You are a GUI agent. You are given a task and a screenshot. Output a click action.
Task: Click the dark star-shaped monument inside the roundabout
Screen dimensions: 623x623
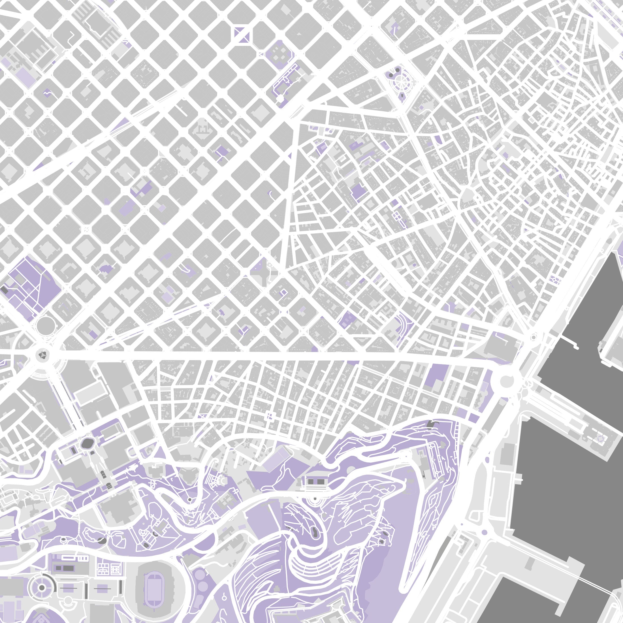(x=42, y=355)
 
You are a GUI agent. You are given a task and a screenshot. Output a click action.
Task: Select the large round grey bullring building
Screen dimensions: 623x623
(x=46, y=326)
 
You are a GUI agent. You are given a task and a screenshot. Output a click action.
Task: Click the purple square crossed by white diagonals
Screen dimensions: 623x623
(x=242, y=35)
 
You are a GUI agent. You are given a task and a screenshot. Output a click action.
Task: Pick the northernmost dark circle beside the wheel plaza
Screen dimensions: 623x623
(x=398, y=70)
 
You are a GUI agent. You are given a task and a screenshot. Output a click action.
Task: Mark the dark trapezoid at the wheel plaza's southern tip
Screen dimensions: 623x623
(x=403, y=96)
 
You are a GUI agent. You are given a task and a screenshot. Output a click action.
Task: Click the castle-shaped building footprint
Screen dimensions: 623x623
(x=203, y=130)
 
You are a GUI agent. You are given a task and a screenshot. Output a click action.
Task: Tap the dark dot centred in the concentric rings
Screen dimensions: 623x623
(x=42, y=579)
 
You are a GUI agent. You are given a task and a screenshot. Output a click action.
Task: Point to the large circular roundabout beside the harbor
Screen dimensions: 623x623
(x=507, y=381)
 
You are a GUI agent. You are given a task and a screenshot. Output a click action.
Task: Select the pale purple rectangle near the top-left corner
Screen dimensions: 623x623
(x=25, y=76)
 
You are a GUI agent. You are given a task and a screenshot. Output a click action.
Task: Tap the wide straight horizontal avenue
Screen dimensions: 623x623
(x=258, y=355)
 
